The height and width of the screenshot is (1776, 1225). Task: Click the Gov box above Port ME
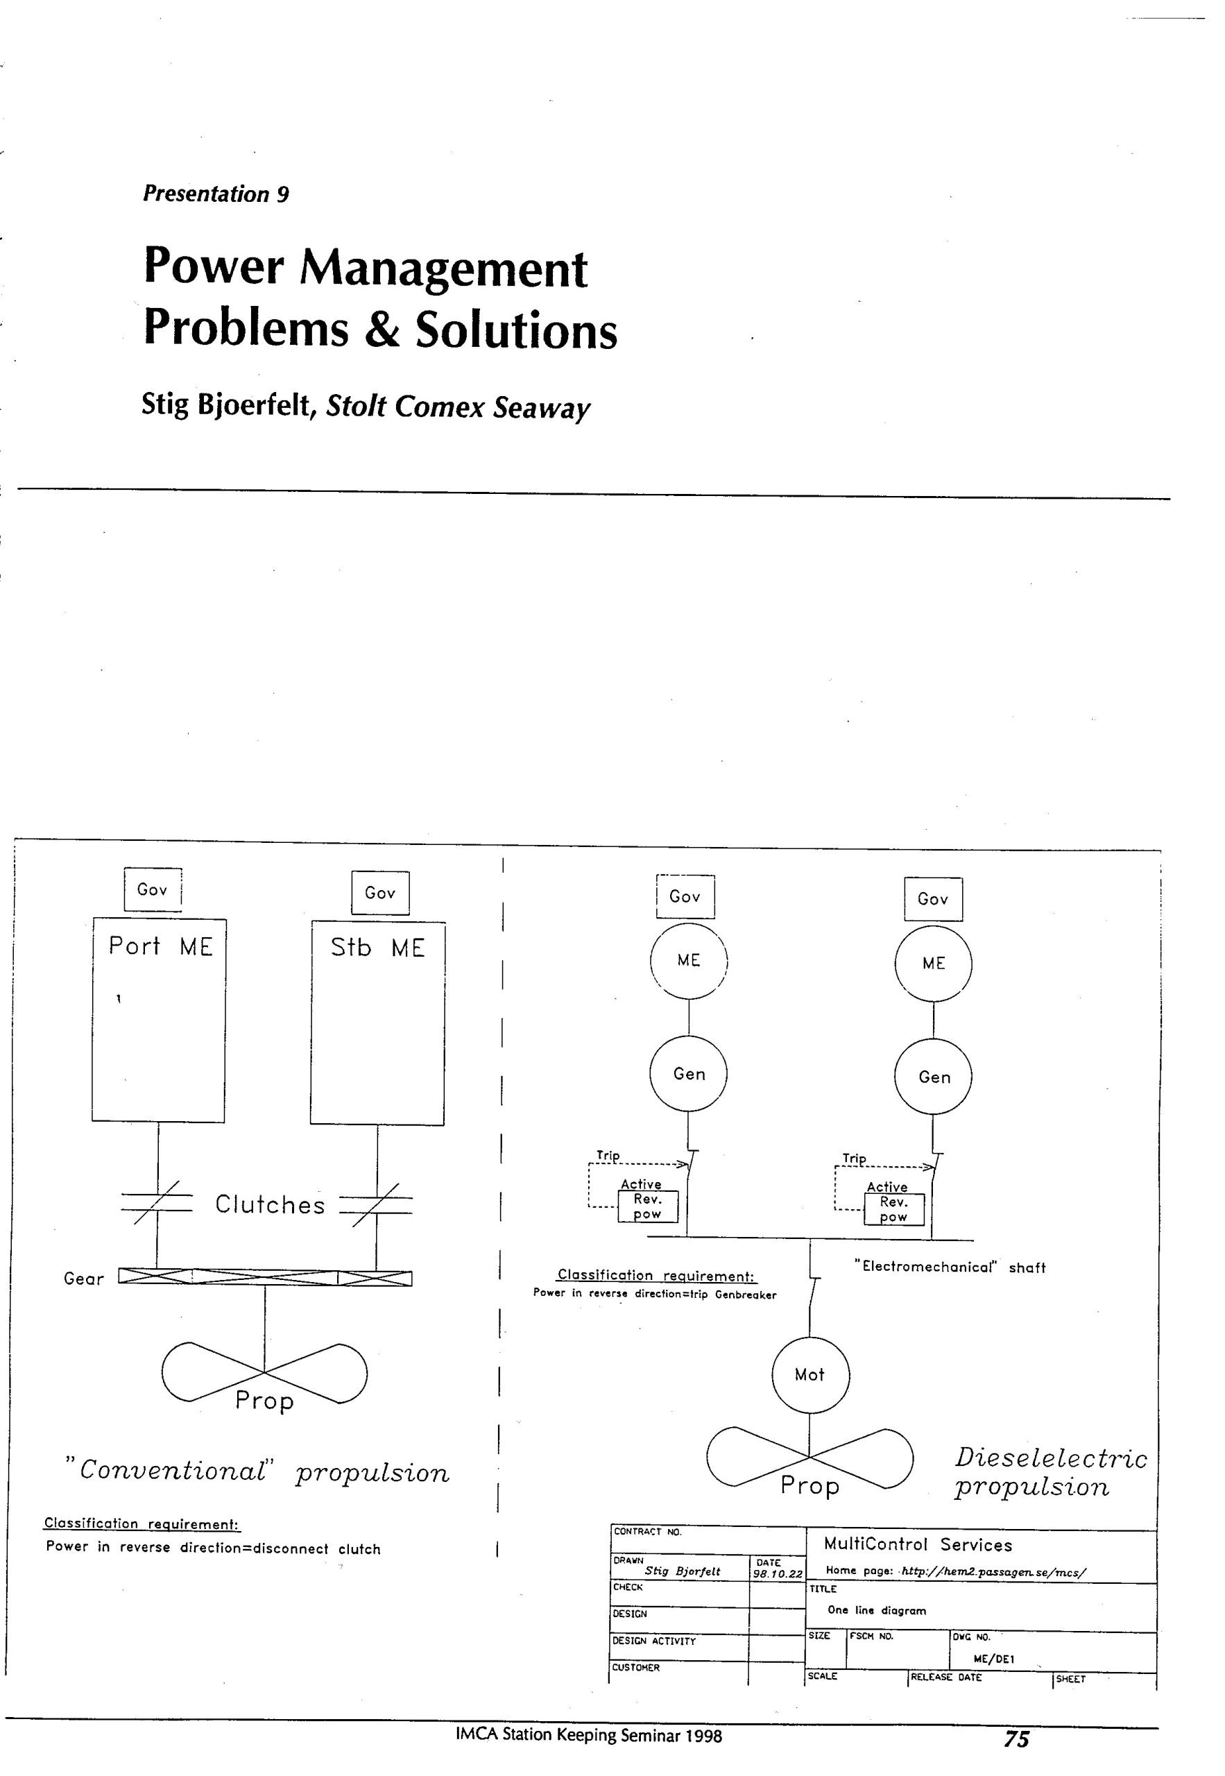click(x=153, y=889)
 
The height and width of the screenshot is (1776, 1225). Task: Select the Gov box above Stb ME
click(x=380, y=893)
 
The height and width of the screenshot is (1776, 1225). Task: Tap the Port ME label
click(x=160, y=946)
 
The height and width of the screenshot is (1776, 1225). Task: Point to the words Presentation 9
click(x=216, y=194)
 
